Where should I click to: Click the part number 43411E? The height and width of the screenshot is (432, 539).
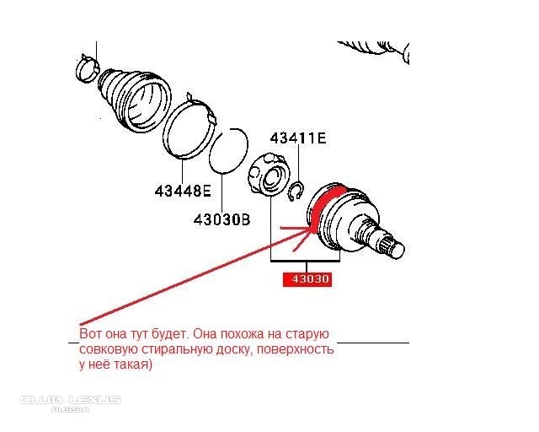tap(298, 138)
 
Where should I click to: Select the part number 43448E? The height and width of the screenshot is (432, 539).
tap(183, 191)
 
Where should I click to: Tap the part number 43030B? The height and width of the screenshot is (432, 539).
tap(222, 219)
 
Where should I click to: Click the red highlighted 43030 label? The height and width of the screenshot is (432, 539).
tap(307, 279)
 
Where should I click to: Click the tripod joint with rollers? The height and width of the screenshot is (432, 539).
tap(268, 175)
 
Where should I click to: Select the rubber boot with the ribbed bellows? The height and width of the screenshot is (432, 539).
tap(134, 100)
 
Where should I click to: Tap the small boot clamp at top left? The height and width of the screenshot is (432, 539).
tap(87, 69)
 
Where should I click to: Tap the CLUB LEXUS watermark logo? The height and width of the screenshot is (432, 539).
tap(70, 400)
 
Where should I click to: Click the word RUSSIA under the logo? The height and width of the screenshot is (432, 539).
tap(70, 409)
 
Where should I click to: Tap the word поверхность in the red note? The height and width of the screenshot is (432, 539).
tap(296, 349)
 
